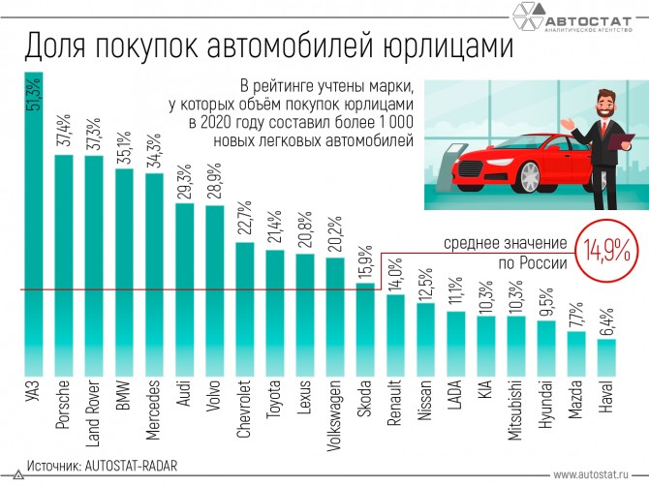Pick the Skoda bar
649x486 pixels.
(365, 329)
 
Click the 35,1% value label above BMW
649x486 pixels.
(124, 150)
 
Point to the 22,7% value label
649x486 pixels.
(245, 222)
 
